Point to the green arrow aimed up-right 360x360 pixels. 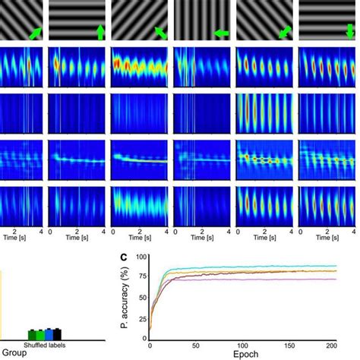36,33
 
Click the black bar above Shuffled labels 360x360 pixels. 57,333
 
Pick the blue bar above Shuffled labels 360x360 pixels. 49,333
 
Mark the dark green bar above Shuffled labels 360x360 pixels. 32,334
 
